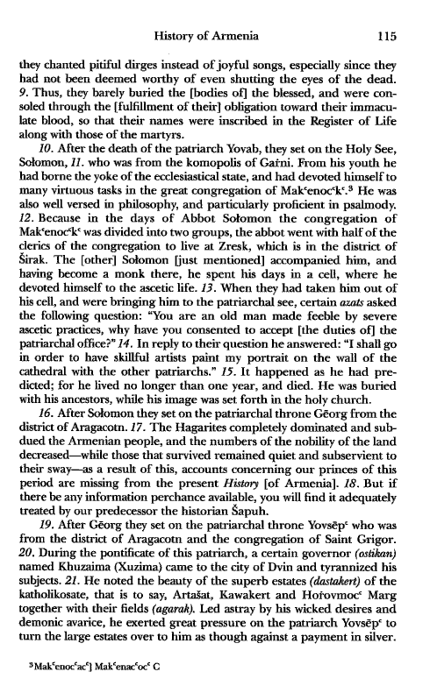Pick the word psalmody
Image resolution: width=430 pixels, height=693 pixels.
coord(374,217)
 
